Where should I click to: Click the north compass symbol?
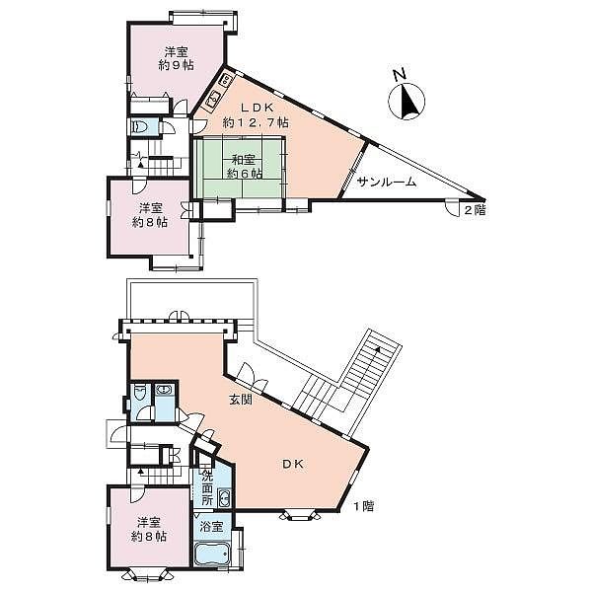pyautogui.click(x=407, y=97)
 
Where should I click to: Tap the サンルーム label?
pyautogui.click(x=386, y=182)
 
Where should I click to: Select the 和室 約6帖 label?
pyautogui.click(x=244, y=167)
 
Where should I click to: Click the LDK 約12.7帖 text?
pyautogui.click(x=256, y=114)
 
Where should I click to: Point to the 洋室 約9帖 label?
pyautogui.click(x=176, y=58)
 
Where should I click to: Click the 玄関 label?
pyautogui.click(x=241, y=400)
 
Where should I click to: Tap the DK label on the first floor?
pyautogui.click(x=293, y=464)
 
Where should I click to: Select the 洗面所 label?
pyautogui.click(x=207, y=488)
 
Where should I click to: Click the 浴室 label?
pyautogui.click(x=211, y=526)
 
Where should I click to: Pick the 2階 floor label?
pyautogui.click(x=475, y=210)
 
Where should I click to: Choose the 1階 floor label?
pyautogui.click(x=363, y=506)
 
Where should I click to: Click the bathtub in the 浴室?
pyautogui.click(x=212, y=555)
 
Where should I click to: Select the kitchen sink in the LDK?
pyautogui.click(x=213, y=100)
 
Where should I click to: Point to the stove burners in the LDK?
pyautogui.click(x=226, y=79)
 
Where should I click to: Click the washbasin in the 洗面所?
pyautogui.click(x=224, y=498)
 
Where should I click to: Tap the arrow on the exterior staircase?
pyautogui.click(x=377, y=350)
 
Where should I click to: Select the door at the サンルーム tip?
pyautogui.click(x=452, y=207)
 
